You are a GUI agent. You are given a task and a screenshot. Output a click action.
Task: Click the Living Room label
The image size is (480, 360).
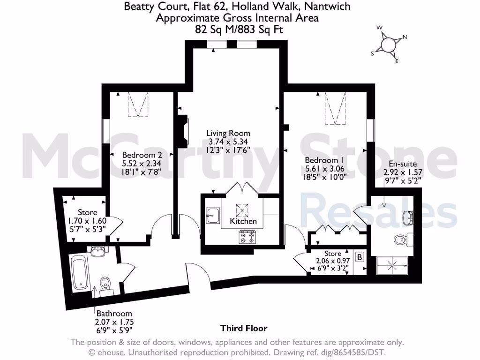pos(228,133)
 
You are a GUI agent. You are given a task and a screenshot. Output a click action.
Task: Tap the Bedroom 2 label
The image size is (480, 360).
pos(139,155)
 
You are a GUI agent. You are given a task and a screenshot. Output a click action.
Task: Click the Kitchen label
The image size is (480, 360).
pos(243,221)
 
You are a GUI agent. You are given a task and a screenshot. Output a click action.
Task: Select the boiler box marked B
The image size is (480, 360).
pos(360,257)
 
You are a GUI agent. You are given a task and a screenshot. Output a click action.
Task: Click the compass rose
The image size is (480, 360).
pos(389,44)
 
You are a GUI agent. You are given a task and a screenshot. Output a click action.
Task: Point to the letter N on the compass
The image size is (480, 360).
pos(405,37)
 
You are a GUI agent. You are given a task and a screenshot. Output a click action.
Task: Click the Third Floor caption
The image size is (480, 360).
pos(244,328)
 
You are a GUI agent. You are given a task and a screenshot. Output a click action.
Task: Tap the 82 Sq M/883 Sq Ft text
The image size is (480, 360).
pos(240,30)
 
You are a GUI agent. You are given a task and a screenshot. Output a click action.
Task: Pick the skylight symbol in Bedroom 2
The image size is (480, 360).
pos(139,104)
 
